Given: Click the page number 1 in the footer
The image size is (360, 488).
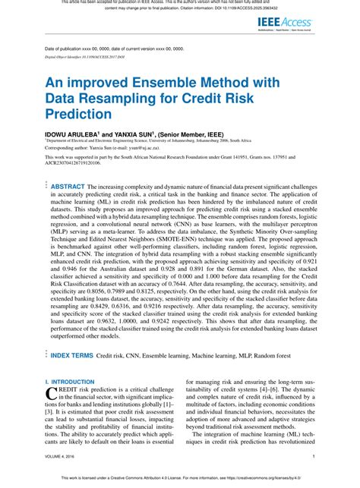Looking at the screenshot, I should pos(335,457).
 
